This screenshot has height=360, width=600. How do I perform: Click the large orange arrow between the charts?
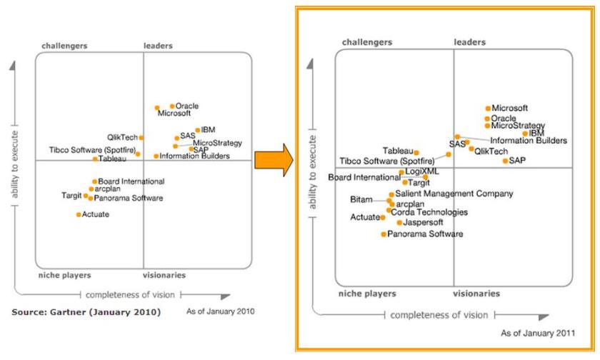(x=273, y=158)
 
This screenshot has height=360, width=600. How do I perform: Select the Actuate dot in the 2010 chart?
(x=79, y=214)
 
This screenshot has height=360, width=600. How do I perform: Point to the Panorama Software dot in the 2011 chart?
(x=384, y=234)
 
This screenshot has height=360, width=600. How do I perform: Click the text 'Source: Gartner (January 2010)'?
(x=86, y=313)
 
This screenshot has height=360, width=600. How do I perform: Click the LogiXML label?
(x=421, y=171)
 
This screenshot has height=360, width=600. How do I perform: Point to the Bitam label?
(x=361, y=199)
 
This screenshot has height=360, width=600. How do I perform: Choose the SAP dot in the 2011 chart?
(x=505, y=161)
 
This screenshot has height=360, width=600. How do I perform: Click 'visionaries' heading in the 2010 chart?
(x=165, y=275)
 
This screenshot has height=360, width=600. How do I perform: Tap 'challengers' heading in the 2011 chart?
(x=367, y=42)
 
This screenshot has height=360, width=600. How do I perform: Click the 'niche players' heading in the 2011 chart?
(x=367, y=294)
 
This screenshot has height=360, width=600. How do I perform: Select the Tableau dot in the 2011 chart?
(x=416, y=152)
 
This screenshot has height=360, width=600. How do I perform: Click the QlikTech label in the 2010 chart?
(x=122, y=137)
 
